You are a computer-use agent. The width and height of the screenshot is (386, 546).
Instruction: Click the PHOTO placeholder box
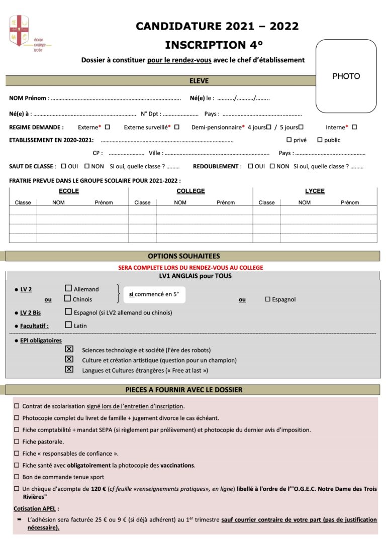(346, 76)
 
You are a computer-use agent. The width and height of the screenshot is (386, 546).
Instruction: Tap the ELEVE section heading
(199, 81)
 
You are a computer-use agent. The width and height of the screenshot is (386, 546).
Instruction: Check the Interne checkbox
(354, 127)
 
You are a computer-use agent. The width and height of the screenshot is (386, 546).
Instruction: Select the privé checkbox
(289, 140)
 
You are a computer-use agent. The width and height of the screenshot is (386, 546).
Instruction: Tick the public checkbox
(320, 140)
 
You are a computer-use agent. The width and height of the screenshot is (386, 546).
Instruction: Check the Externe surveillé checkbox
(177, 127)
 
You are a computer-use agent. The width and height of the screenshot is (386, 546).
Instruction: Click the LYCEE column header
(315, 191)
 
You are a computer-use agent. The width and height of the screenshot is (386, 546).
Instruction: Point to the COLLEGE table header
(190, 191)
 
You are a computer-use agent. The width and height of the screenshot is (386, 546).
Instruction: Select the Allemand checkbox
(68, 288)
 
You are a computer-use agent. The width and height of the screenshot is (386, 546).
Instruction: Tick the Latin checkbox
(68, 325)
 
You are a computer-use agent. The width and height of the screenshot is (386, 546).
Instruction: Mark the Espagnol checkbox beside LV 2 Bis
(68, 312)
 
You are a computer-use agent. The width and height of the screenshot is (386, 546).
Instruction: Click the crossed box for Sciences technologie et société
(69, 349)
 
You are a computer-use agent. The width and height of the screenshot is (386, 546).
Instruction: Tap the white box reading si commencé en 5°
(154, 294)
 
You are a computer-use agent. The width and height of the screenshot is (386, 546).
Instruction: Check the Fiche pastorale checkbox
(17, 442)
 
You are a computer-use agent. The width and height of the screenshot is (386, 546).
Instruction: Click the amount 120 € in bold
(98, 489)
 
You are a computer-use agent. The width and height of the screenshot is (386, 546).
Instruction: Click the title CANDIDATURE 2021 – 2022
(217, 26)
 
